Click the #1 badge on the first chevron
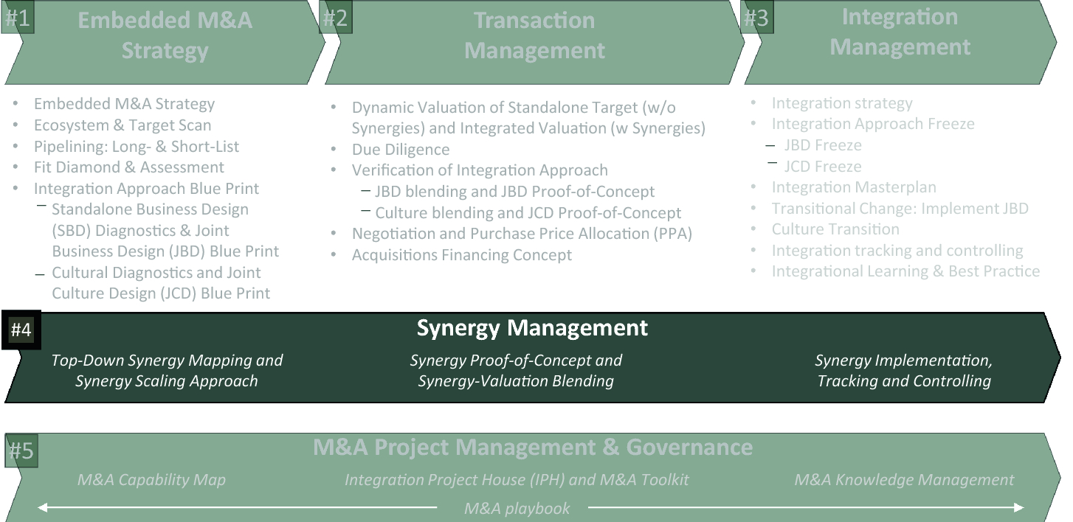pyautogui.click(x=18, y=18)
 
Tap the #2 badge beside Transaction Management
pyautogui.click(x=335, y=18)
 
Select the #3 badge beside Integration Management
pyautogui.click(x=756, y=18)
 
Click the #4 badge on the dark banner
pyautogui.click(x=21, y=330)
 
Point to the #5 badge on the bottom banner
pyautogui.click(x=21, y=450)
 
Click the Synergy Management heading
pyautogui.click(x=532, y=328)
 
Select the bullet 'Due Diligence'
pyautogui.click(x=401, y=149)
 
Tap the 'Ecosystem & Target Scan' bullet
pyautogui.click(x=123, y=125)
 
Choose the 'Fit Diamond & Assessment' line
pyautogui.click(x=129, y=167)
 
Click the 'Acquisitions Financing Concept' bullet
pyautogui.click(x=462, y=254)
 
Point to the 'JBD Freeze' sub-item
pyautogui.click(x=823, y=145)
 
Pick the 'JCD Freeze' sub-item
pyautogui.click(x=823, y=166)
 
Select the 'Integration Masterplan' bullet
pyautogui.click(x=854, y=187)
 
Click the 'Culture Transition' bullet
pyautogui.click(x=835, y=229)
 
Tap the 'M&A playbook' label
pyautogui.click(x=517, y=508)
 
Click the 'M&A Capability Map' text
pyautogui.click(x=151, y=479)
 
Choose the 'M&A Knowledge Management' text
pyautogui.click(x=904, y=479)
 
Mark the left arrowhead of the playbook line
pyautogui.click(x=42, y=507)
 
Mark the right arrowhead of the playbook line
pyautogui.click(x=1019, y=507)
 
